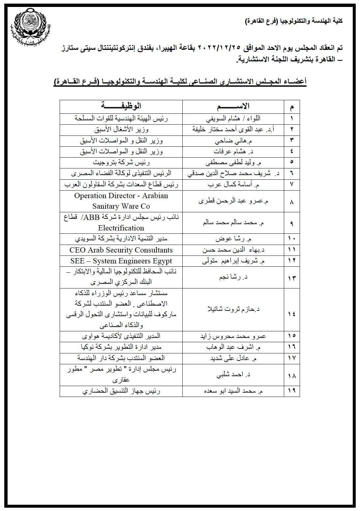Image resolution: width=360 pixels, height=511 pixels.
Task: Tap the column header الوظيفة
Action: (121, 106)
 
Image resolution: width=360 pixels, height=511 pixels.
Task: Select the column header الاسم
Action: (233, 106)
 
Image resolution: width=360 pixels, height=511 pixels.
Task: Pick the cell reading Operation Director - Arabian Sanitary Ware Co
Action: (121, 201)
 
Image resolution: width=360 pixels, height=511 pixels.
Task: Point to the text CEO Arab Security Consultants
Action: (121, 250)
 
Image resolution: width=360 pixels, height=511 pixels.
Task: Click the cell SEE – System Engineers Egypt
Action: (121, 261)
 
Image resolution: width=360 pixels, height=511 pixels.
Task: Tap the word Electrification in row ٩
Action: (121, 228)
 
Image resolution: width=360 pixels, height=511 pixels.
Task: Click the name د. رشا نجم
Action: (233, 277)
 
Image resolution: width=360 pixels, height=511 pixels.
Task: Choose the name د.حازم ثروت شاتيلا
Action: (233, 309)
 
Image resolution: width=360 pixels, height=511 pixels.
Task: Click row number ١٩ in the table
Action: (291, 391)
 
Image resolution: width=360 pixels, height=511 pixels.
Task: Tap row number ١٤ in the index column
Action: (291, 314)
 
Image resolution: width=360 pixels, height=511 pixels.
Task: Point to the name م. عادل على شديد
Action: (233, 358)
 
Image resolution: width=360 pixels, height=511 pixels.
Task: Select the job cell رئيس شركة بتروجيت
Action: (121, 162)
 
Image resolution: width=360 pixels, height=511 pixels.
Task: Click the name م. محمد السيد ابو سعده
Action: (233, 391)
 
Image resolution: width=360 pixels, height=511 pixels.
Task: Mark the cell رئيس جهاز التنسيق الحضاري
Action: (121, 391)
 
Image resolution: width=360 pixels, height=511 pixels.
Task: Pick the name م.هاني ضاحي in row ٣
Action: (233, 141)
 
